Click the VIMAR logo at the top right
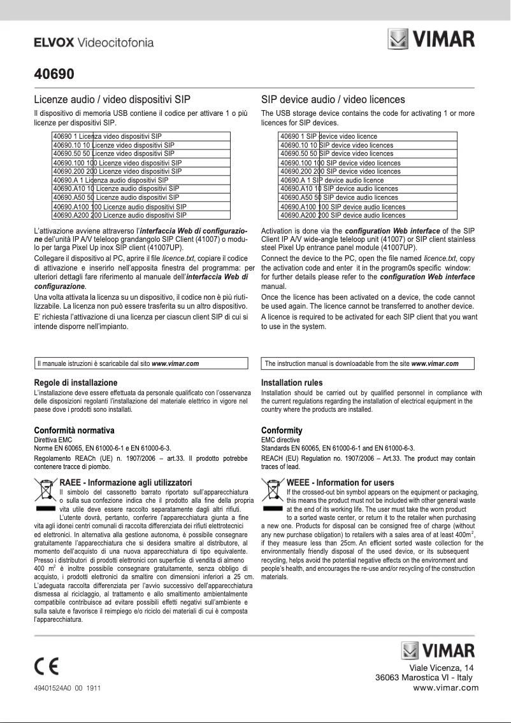(431, 39)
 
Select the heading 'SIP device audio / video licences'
(333, 99)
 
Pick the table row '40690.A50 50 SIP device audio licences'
(368, 197)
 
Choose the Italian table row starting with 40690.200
(140, 171)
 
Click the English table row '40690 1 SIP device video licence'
(368, 136)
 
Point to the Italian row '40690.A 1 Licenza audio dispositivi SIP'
(140, 180)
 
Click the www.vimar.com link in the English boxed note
(435, 363)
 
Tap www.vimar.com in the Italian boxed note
(175, 363)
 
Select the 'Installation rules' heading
(292, 383)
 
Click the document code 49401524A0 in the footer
(54, 688)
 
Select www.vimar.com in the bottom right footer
(446, 687)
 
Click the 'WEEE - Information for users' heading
(340, 483)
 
